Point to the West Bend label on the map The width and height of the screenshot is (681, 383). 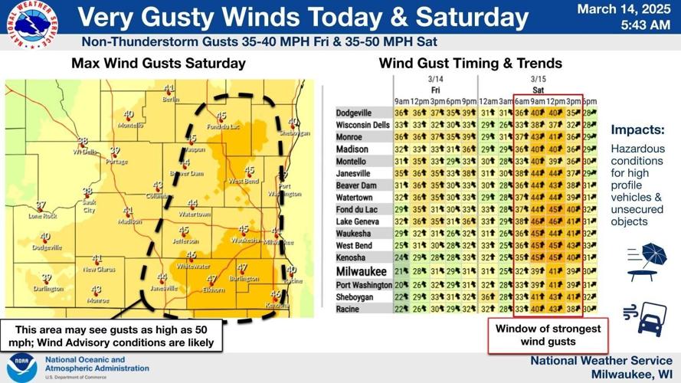click(244, 181)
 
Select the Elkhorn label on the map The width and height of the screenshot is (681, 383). click(213, 290)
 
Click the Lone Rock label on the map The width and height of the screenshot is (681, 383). click(43, 216)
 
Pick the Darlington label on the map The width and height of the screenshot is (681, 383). click(48, 289)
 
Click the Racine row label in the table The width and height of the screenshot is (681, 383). click(348, 309)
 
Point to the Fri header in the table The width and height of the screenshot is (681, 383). click(434, 90)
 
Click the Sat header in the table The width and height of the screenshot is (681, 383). click(538, 90)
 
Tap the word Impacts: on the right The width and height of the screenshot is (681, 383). click(637, 130)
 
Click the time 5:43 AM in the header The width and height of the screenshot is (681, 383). click(646, 25)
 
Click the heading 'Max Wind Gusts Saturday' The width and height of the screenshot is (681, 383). click(159, 64)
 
